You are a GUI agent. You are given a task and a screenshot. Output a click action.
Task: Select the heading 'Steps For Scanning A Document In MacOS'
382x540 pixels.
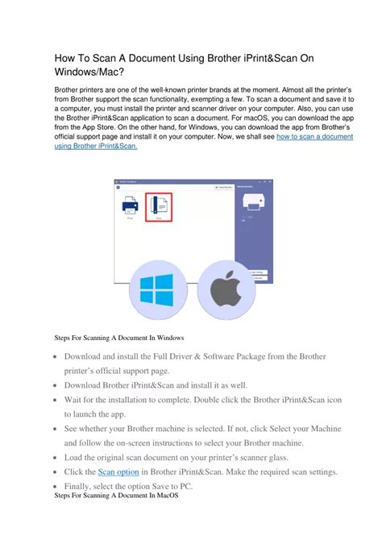click(116, 496)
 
